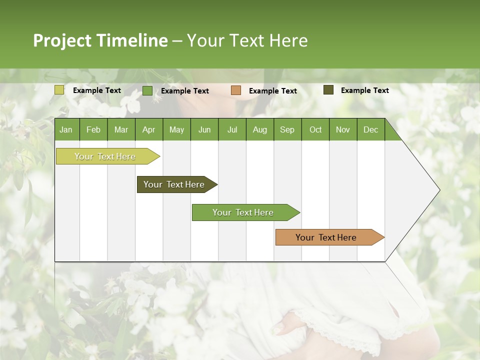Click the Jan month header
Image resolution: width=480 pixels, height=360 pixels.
pos(66,129)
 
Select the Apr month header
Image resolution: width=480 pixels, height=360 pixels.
pos(148,129)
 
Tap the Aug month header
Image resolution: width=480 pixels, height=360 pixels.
pos(259,129)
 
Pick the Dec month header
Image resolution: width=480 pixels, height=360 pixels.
pos(370,129)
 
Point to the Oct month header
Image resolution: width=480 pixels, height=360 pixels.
pos(315,129)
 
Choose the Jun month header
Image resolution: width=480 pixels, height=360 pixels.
pos(204,129)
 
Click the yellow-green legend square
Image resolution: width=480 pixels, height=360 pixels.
pos(59,90)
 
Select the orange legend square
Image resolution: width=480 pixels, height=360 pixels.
pos(236,90)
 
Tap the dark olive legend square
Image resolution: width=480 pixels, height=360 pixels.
pos(328,90)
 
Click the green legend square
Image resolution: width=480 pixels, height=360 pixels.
pos(147,90)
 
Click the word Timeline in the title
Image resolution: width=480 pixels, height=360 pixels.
pos(132,40)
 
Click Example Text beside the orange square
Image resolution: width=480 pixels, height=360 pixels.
pos(272,91)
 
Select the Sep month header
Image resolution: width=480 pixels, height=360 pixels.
pos(287,129)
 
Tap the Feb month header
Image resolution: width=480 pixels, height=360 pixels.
pos(93,129)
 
